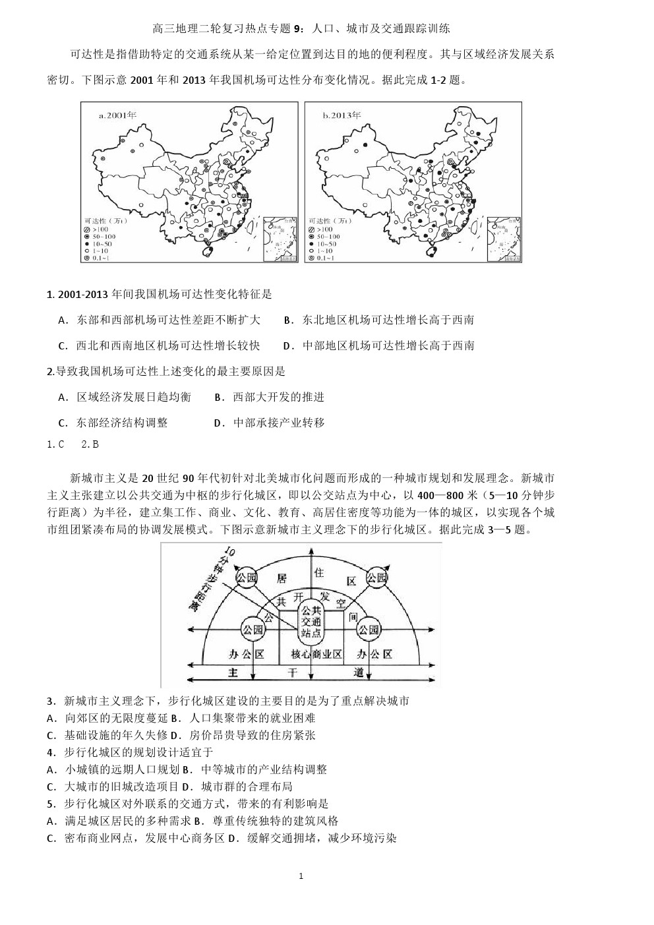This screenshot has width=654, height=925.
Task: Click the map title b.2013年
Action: tap(342, 115)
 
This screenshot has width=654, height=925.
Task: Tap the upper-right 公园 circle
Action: tap(377, 578)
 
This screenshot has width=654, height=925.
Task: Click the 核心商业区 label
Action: tap(316, 654)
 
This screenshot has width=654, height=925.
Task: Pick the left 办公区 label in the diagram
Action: tap(246, 654)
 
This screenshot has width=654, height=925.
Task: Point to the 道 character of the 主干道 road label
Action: tap(359, 672)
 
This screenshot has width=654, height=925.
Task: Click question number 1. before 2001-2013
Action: tap(50, 294)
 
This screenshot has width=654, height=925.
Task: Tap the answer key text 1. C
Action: tap(55, 444)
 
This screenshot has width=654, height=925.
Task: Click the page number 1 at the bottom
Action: tap(301, 876)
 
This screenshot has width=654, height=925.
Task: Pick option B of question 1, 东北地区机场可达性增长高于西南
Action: tap(378, 320)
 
